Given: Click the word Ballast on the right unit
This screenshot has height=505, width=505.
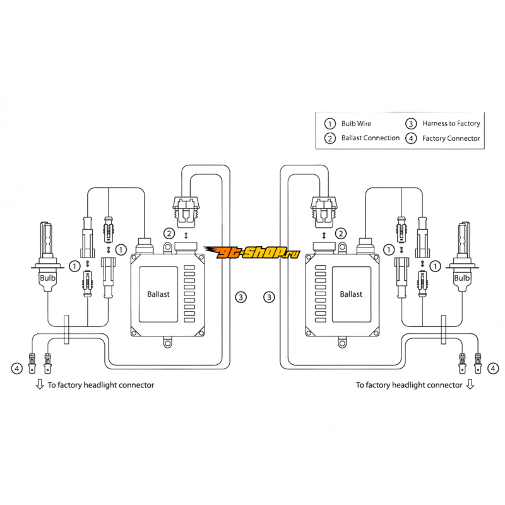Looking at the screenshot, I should (351, 294).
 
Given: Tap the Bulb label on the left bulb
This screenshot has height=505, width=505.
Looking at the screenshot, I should (48, 278).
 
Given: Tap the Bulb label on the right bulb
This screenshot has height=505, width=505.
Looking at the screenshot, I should (462, 278).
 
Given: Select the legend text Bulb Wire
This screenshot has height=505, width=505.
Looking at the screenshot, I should (357, 124).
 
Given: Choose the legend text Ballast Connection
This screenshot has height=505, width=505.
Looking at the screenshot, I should (371, 138).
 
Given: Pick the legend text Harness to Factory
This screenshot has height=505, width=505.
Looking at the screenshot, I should (451, 124).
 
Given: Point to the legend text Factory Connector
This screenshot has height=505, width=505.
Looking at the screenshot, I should (451, 138).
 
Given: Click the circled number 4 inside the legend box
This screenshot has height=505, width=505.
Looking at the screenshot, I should (412, 138).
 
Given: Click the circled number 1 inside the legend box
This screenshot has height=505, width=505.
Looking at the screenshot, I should (329, 124).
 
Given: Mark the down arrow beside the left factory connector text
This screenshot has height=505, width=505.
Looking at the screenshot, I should (39, 384).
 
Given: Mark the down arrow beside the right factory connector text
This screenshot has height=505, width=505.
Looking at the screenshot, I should (469, 384).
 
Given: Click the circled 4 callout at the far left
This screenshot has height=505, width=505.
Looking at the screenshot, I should (17, 366).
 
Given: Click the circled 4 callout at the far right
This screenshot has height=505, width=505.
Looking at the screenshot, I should (492, 366).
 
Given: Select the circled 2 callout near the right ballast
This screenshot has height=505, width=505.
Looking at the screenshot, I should (342, 234).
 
